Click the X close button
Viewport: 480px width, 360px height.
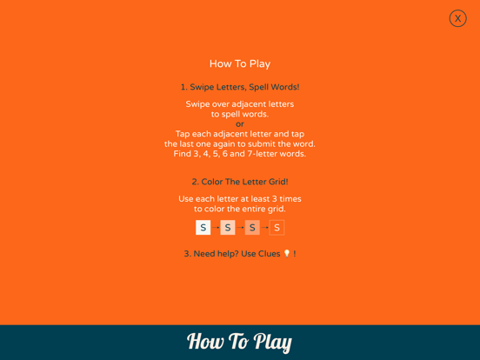click(457, 18)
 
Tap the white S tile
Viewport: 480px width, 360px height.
click(203, 228)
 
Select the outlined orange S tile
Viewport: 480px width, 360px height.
click(277, 228)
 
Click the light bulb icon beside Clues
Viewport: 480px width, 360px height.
click(287, 253)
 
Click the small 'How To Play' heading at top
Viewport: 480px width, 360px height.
click(240, 63)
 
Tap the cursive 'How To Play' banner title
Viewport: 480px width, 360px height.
click(239, 342)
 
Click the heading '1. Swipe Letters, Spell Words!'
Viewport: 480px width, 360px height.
click(240, 87)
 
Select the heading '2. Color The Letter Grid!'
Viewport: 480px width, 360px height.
click(240, 182)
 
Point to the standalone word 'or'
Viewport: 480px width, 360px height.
click(240, 124)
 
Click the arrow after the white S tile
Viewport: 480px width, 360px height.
click(216, 228)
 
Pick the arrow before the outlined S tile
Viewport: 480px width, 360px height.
click(264, 228)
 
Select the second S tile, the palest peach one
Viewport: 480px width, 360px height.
click(228, 228)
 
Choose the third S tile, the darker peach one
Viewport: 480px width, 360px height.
click(252, 228)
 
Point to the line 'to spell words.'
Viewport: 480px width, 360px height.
click(240, 114)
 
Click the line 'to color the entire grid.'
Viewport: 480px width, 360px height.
click(240, 209)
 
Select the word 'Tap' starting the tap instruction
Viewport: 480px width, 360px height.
click(183, 134)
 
